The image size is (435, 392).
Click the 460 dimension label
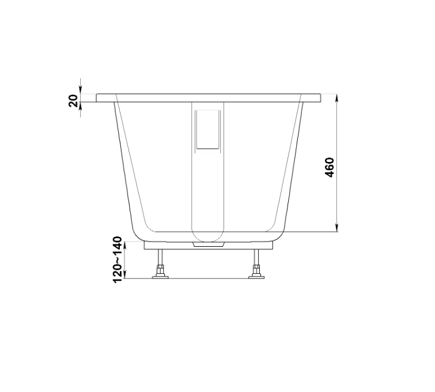(x=330, y=167)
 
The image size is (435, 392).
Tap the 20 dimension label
(x=73, y=101)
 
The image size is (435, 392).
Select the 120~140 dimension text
(x=118, y=259)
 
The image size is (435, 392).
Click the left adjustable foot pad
(x=160, y=277)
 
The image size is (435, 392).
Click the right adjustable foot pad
(x=256, y=277)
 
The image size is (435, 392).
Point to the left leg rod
(x=160, y=257)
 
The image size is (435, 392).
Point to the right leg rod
(x=256, y=257)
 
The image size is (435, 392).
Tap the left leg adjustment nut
(x=160, y=270)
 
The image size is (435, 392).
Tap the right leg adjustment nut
(x=256, y=270)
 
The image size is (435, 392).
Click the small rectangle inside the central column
(x=208, y=131)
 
